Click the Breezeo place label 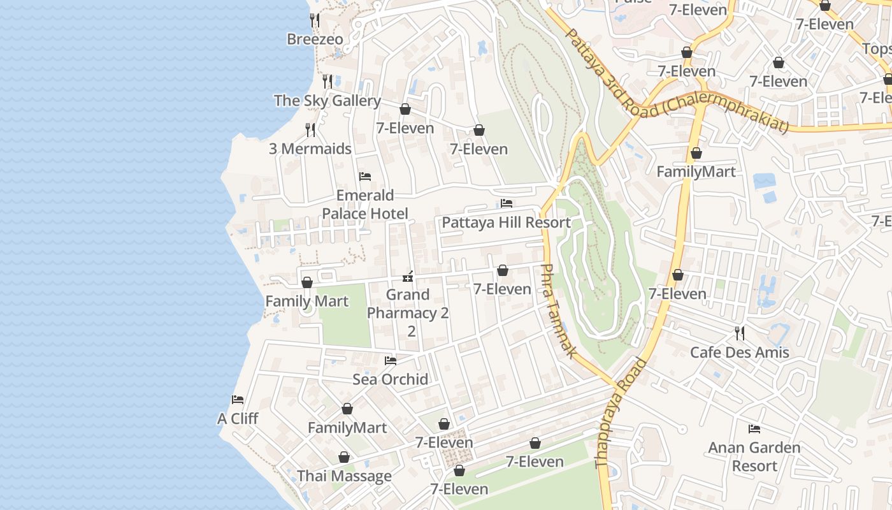point(315,40)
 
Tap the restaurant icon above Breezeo point(314,20)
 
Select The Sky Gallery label point(327,101)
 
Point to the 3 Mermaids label point(310,149)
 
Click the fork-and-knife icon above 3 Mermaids point(310,130)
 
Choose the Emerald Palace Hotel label point(365,205)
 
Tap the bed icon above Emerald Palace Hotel point(365,177)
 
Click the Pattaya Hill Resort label point(506,222)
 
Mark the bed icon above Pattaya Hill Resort point(507,203)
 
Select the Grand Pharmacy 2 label point(408,313)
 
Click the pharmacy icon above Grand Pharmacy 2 point(408,277)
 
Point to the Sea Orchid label point(390,380)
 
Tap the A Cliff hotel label point(238,419)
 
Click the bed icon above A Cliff point(238,400)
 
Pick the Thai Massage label point(344,477)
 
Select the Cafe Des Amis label point(739,353)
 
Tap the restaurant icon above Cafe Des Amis point(739,333)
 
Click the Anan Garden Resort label point(754,457)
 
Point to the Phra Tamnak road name point(558,310)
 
